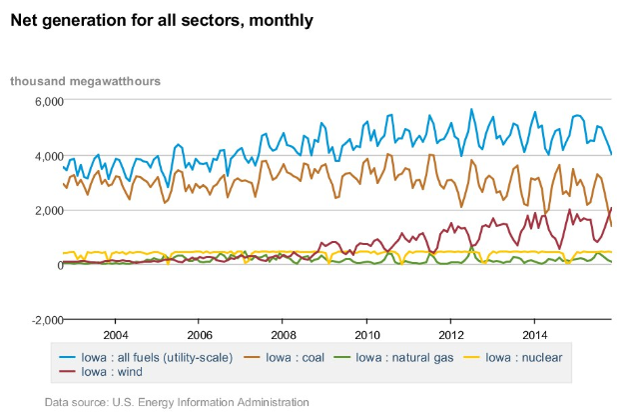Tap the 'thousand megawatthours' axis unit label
pos(86,80)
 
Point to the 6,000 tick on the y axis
pos(49,102)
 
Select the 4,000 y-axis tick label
pos(49,156)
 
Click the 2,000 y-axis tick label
pos(49,210)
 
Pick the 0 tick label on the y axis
pos(60,265)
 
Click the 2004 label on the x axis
pos(115,334)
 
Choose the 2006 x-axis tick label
pos(199,334)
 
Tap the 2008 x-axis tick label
pos(283,334)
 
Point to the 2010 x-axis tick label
pos(367,334)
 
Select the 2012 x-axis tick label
pos(451,334)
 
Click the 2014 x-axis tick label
pos(535,334)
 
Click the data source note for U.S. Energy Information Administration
pos(177,402)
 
